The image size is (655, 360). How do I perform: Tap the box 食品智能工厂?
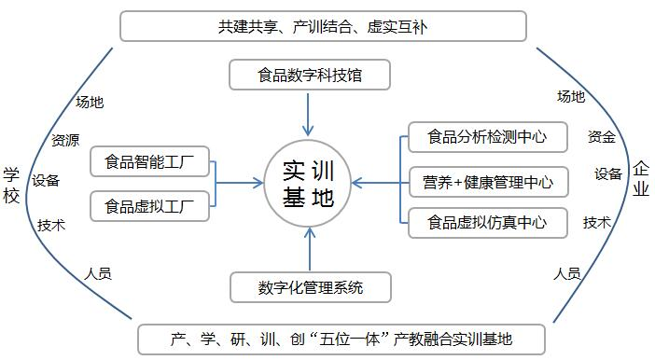150,161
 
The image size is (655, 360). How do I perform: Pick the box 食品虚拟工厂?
150,205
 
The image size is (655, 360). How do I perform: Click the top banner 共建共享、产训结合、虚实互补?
324,26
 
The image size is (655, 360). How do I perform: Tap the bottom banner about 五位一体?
342,339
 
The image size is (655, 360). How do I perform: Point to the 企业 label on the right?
641,178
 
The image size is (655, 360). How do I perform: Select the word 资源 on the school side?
65,141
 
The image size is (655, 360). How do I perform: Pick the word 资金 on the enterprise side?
602,138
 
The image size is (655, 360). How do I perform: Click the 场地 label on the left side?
90,103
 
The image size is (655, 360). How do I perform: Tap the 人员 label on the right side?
567,273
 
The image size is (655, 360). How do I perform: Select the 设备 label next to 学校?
47,181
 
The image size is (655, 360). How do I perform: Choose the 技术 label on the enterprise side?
597,223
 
